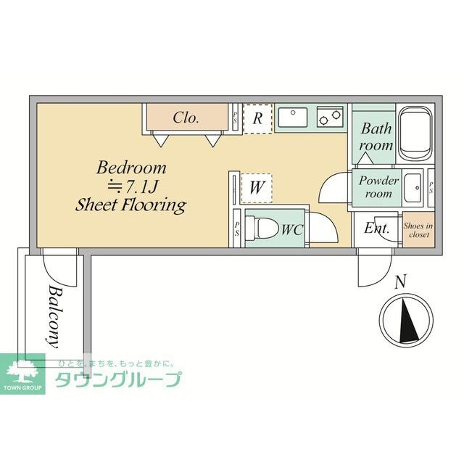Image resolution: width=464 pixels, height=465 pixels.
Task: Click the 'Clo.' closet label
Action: (x=186, y=118)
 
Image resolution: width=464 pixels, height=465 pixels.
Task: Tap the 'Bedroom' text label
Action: (x=132, y=168)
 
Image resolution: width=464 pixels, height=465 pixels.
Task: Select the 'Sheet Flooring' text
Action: (x=131, y=205)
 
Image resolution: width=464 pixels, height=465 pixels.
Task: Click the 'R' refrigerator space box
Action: (x=257, y=118)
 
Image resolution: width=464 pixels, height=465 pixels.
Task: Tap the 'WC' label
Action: (x=291, y=230)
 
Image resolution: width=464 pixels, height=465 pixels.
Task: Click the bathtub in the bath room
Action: (x=415, y=134)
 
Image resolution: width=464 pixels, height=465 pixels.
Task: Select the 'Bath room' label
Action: (x=377, y=137)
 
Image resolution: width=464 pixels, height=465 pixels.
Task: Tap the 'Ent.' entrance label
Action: (x=376, y=229)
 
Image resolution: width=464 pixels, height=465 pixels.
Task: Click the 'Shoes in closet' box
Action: (x=418, y=230)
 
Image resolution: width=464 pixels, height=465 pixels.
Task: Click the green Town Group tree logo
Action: (x=22, y=371)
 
